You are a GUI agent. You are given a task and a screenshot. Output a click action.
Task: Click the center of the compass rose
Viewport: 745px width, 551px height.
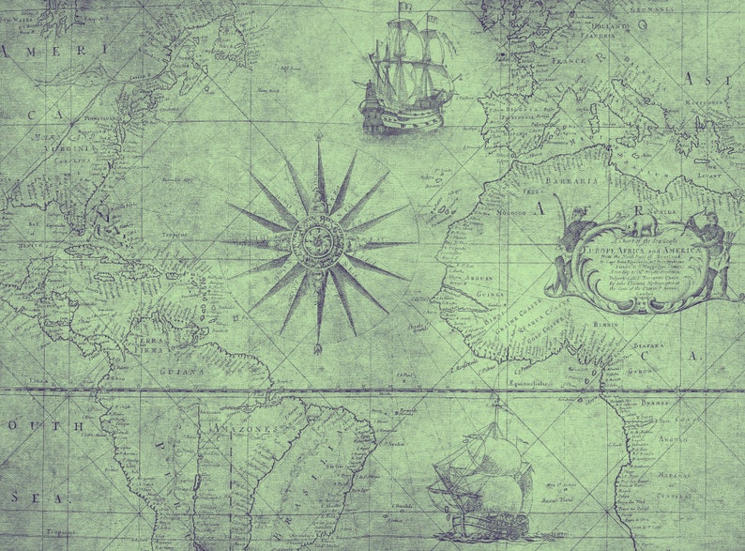(320, 243)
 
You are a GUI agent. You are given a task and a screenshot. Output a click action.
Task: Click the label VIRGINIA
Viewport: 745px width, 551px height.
(74, 147)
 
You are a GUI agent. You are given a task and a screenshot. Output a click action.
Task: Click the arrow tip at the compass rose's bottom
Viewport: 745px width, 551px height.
(318, 348)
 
